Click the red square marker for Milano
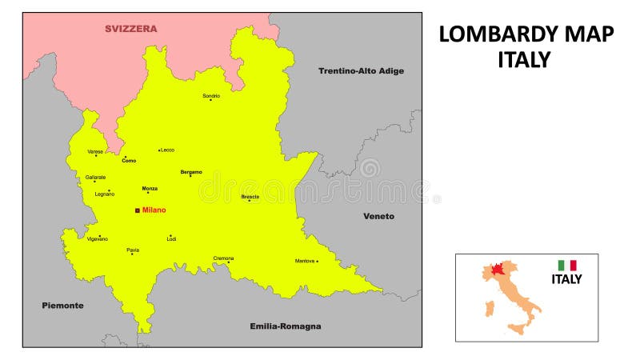click(137, 210)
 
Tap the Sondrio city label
click(211, 96)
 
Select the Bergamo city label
click(191, 171)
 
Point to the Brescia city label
click(250, 196)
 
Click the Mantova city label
click(305, 261)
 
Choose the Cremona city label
click(223, 258)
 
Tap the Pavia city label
click(133, 250)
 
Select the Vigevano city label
click(97, 239)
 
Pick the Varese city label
click(95, 151)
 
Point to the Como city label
click(128, 161)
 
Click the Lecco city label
click(167, 150)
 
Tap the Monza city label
click(150, 189)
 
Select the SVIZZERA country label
click(131, 29)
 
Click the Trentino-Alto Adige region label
click(361, 71)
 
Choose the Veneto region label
click(378, 216)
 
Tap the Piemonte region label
click(62, 306)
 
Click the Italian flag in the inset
click(567, 265)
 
